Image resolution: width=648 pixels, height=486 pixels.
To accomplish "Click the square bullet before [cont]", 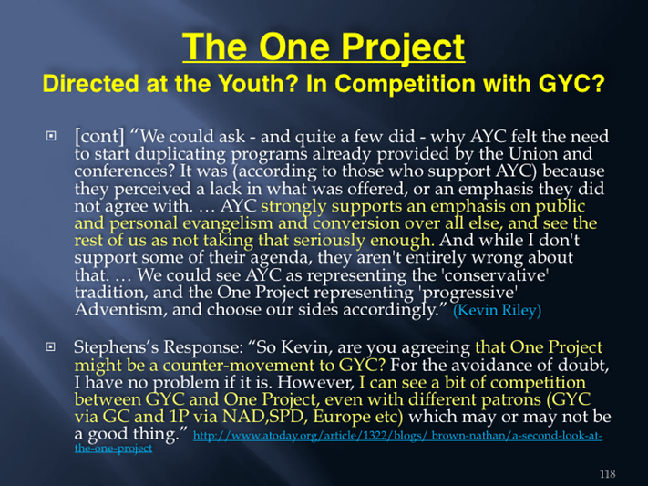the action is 51,135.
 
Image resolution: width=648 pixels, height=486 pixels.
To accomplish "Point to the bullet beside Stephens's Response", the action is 50,346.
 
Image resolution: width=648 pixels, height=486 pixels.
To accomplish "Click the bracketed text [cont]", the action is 99,136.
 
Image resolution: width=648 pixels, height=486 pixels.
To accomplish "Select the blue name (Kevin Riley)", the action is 497,310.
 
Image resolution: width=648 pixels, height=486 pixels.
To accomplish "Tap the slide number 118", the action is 608,474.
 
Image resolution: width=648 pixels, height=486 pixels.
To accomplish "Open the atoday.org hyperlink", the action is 338,441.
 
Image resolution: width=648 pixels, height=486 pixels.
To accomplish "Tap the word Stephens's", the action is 117,346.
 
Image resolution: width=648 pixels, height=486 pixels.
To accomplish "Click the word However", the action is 315,382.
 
